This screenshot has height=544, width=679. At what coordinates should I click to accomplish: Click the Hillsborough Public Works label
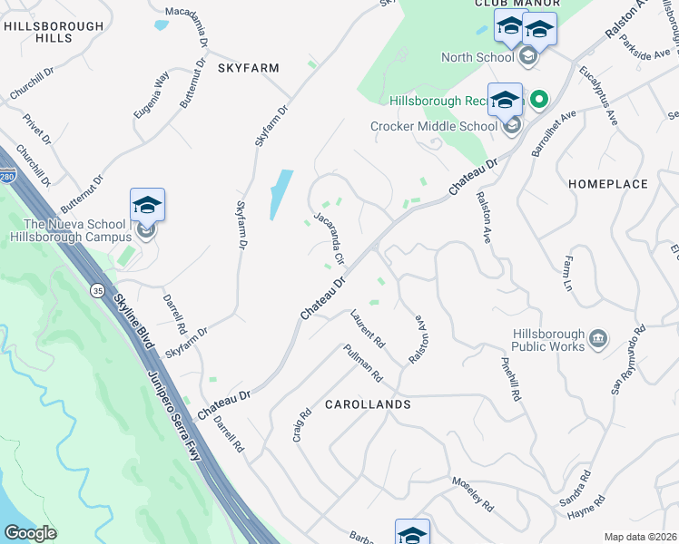(x=546, y=340)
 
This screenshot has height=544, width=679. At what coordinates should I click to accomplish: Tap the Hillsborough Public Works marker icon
(x=598, y=339)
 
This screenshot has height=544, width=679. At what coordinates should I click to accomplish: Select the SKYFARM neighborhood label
(x=248, y=68)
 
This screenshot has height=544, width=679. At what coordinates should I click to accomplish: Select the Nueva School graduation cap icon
(x=147, y=205)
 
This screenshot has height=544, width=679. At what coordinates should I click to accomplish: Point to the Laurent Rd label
(x=369, y=329)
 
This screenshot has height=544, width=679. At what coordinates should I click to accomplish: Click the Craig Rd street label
(x=302, y=424)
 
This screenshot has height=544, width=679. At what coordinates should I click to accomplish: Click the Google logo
(x=31, y=533)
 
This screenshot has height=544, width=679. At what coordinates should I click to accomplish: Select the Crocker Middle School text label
(x=434, y=126)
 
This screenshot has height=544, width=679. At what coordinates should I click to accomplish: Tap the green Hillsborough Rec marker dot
(x=539, y=100)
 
